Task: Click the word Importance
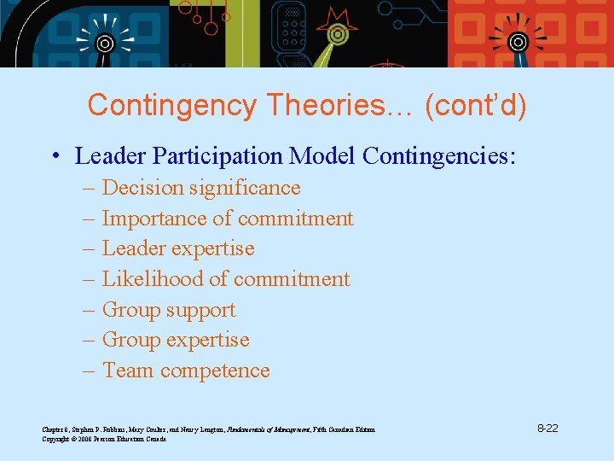[153, 219]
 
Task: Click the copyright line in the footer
[104, 439]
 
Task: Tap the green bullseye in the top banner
[337, 35]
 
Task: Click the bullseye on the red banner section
[518, 41]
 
